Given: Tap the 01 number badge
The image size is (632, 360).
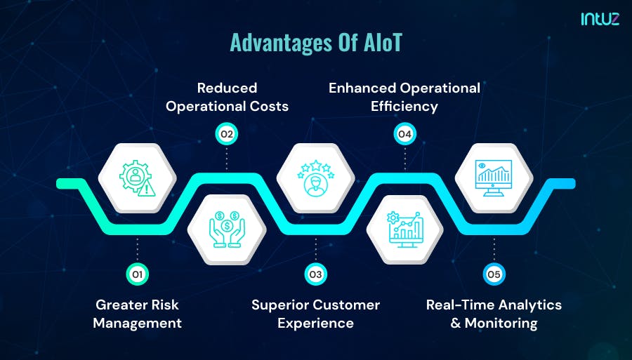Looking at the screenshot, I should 137,274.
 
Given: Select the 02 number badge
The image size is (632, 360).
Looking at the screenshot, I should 226,133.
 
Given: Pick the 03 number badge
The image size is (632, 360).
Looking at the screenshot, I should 315,274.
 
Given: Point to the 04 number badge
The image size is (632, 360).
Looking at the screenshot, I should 404,133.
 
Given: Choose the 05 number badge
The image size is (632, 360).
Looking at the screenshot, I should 494,274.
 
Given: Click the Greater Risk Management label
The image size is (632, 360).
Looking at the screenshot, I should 137,314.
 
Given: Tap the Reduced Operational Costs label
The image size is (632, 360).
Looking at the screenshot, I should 227,97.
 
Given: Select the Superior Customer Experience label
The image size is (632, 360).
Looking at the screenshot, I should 315,314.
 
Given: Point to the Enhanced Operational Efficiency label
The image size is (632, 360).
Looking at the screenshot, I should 404,97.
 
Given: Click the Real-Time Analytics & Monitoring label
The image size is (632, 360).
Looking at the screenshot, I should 494,314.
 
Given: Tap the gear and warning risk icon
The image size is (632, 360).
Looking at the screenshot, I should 137,178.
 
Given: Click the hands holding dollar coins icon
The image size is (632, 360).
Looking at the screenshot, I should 227,229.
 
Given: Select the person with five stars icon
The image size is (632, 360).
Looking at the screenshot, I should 315,178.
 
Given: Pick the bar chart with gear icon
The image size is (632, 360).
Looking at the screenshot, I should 404,229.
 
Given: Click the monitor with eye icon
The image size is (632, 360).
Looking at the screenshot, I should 494,178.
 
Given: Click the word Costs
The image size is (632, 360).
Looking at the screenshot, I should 270,106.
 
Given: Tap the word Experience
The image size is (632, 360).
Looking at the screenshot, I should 315,324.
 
